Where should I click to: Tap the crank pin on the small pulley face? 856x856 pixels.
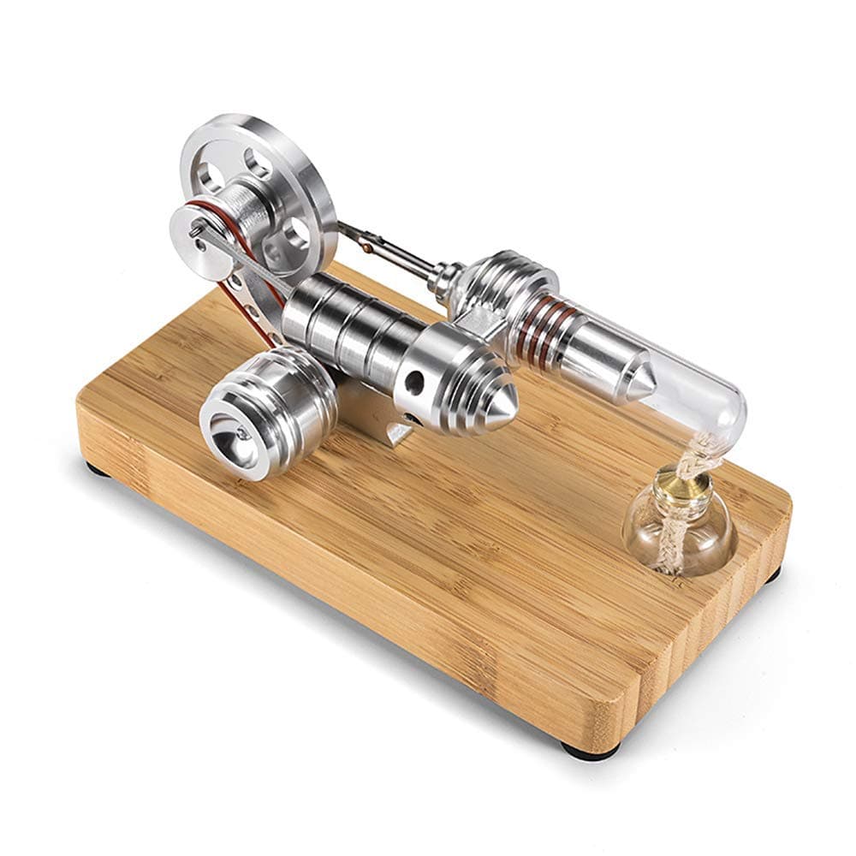[198, 229]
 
